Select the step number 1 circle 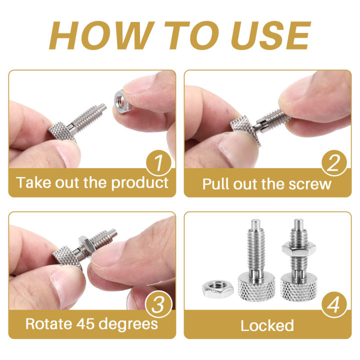(x=158, y=162)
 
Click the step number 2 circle (x=333, y=162)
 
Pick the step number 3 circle (x=158, y=304)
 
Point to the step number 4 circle (x=333, y=304)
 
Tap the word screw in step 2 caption (x=309, y=183)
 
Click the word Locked (x=267, y=325)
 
